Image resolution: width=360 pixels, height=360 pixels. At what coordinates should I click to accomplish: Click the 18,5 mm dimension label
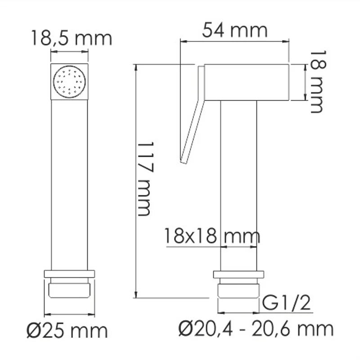click(x=71, y=38)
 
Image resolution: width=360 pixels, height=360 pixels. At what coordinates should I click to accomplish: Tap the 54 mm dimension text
click(x=234, y=30)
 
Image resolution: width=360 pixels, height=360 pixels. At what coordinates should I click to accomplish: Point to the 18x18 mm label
click(x=211, y=235)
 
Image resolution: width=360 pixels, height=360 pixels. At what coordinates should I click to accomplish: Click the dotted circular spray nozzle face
click(x=69, y=81)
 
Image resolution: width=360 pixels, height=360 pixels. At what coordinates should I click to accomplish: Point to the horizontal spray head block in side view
click(x=247, y=82)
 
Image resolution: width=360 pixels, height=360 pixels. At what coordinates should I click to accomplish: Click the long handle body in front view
click(x=69, y=184)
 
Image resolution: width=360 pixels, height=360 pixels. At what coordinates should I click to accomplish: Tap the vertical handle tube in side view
click(x=238, y=184)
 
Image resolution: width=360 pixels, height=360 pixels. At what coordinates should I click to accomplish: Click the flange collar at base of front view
click(x=69, y=274)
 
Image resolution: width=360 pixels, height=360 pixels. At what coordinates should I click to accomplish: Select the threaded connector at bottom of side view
click(x=238, y=291)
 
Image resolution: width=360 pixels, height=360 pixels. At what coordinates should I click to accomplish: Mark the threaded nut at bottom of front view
click(x=69, y=289)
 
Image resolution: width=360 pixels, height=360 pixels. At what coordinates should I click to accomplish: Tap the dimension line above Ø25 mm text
click(x=69, y=314)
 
